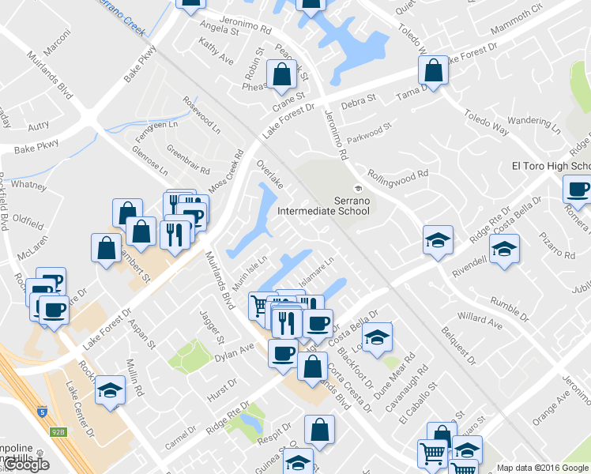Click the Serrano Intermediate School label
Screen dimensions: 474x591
[323, 205]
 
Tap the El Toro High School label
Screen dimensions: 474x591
[551, 166]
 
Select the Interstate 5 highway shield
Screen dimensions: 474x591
[40, 412]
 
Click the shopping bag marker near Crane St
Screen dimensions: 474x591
[281, 76]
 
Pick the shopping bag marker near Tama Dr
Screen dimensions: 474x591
[434, 71]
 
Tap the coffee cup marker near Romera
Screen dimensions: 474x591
[578, 190]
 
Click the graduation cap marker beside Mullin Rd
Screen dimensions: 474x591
[110, 390]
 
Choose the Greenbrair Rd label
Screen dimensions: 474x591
[188, 159]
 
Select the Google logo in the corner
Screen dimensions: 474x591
[26, 465]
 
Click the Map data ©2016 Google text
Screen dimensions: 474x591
[543, 468]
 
